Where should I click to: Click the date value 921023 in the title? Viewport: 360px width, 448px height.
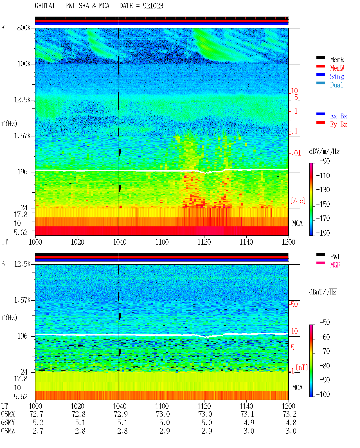tap(153, 6)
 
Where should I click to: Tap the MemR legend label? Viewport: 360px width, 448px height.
tap(337, 60)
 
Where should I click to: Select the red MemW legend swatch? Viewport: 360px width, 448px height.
tap(320, 66)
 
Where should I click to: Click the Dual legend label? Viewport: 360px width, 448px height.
tap(336, 85)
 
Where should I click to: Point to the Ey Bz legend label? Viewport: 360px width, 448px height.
tap(338, 124)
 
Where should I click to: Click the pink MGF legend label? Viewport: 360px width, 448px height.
tap(335, 265)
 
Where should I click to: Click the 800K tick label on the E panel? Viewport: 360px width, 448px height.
tap(24, 28)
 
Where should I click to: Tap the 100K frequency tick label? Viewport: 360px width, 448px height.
tap(24, 64)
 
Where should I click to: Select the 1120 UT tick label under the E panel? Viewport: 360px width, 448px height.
tap(204, 242)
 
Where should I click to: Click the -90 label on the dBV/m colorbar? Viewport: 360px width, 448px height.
tap(325, 161)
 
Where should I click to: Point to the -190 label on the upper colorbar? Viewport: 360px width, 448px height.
tap(323, 233)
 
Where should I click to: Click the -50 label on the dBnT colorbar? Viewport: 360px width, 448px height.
tap(325, 323)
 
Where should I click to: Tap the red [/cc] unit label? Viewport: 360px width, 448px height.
tap(298, 201)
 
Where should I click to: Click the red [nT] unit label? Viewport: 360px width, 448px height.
tap(302, 367)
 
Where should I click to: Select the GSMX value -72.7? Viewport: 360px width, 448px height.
tap(35, 414)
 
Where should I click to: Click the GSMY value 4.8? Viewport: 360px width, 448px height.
tap(291, 423)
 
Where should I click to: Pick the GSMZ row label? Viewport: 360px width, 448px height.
tap(8, 431)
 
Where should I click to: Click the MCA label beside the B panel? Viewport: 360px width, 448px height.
tap(297, 388)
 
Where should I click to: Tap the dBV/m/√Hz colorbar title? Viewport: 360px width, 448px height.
tap(324, 151)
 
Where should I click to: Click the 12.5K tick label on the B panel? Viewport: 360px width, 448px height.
tap(22, 264)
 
